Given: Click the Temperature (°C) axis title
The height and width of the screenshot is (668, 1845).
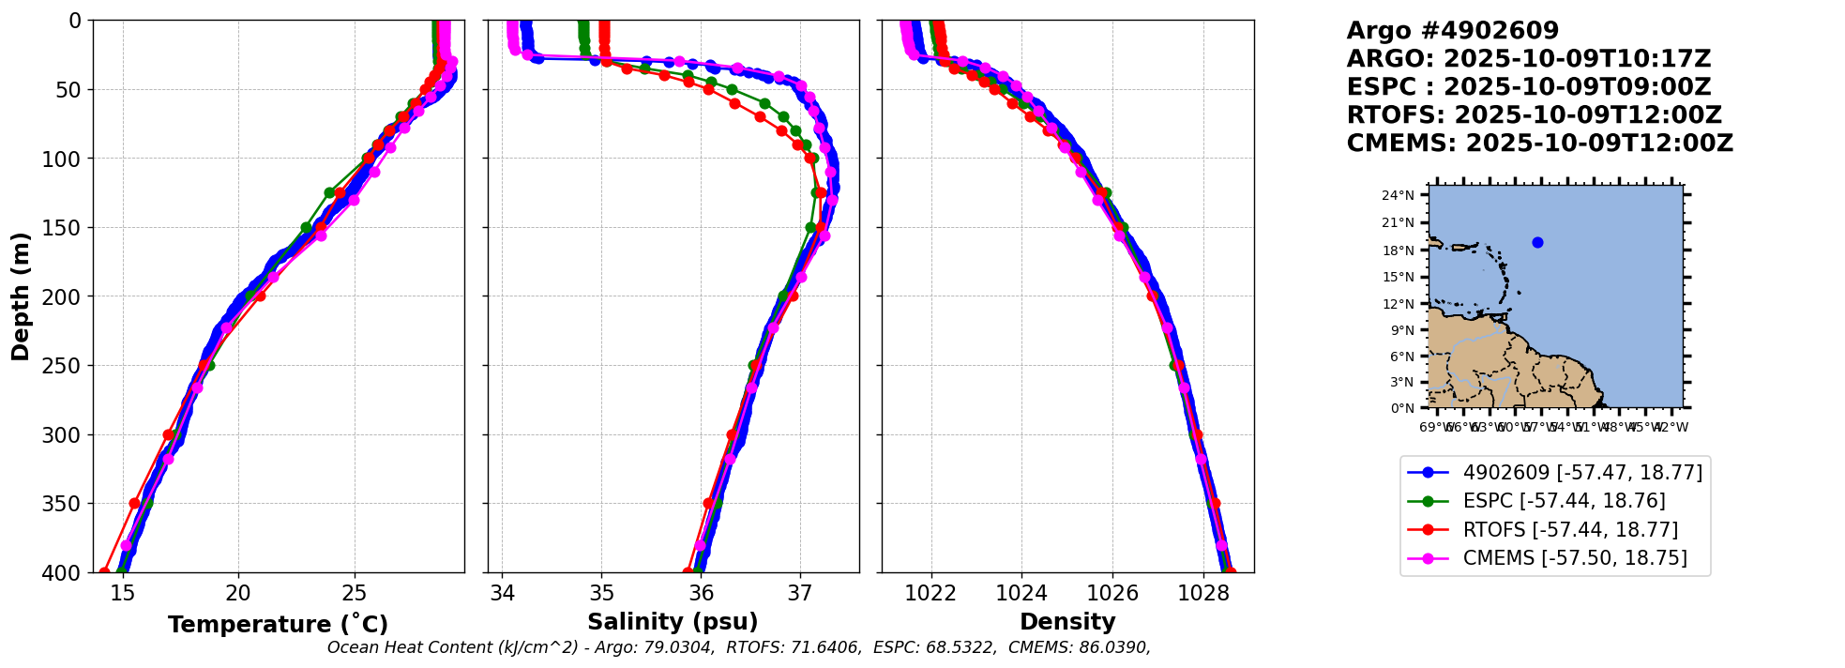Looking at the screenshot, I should click(x=278, y=625).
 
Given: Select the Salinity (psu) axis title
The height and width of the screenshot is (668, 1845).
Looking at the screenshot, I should click(x=673, y=622).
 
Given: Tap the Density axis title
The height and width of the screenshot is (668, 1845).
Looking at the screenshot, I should click(x=1067, y=622).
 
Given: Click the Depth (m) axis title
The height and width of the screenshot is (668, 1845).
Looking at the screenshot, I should click(x=21, y=296).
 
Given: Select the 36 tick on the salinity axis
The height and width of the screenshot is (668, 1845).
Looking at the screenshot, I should click(x=701, y=593).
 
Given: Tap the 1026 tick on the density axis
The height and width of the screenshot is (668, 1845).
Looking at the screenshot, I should click(x=1112, y=593).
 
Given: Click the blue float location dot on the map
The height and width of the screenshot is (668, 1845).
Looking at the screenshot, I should click(x=1537, y=243).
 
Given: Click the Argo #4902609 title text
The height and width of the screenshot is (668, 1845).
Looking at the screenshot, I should click(x=1453, y=31).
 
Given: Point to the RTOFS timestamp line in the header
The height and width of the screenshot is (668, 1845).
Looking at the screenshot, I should click(x=1534, y=115).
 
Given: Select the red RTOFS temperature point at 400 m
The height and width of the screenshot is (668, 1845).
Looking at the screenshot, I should click(x=104, y=572).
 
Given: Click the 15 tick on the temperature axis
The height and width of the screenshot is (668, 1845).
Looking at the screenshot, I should click(x=123, y=593).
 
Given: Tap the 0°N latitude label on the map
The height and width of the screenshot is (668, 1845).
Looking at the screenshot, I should click(x=1402, y=408).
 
